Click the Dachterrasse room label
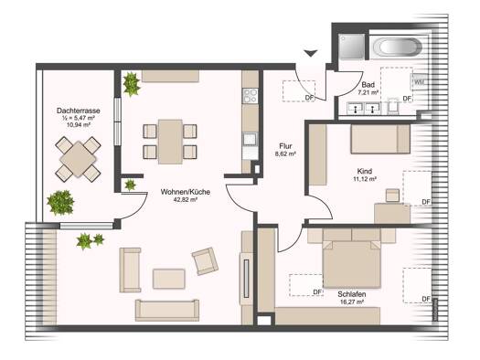click(x=79, y=111)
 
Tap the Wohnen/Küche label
click(x=186, y=192)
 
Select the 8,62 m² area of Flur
click(x=285, y=154)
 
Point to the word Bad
click(x=368, y=85)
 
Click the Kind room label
click(x=365, y=171)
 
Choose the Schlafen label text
click(x=352, y=294)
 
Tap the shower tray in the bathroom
click(x=352, y=47)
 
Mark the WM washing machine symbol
click(x=418, y=81)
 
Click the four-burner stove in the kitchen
click(x=251, y=95)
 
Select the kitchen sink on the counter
click(x=251, y=139)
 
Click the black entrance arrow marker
click(x=311, y=53)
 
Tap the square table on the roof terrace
click(x=79, y=159)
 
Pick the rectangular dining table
click(x=170, y=142)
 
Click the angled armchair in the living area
click(x=205, y=261)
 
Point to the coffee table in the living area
click(x=168, y=279)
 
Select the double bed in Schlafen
click(x=352, y=264)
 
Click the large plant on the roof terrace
click(x=60, y=202)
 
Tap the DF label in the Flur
click(x=310, y=98)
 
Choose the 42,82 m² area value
click(x=186, y=200)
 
